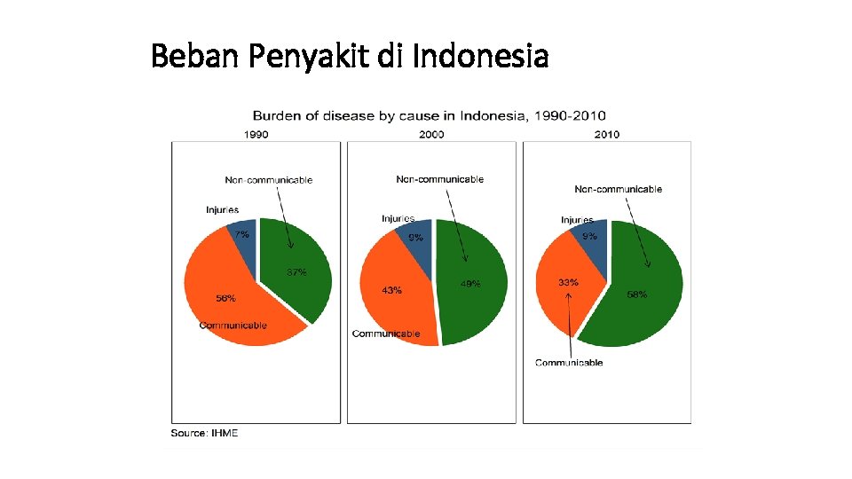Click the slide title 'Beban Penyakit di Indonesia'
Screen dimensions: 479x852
click(350, 57)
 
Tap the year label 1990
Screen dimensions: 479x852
click(256, 135)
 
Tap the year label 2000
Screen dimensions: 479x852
click(431, 135)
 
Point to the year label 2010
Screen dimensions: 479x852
click(607, 135)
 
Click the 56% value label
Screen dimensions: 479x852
click(226, 298)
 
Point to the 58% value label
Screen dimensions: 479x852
click(636, 294)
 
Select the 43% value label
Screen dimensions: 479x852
click(391, 290)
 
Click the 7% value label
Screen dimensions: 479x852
click(241, 234)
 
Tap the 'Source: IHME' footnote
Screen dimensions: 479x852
click(204, 433)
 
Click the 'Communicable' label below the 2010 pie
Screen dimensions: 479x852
click(569, 362)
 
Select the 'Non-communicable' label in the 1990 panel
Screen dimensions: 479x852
click(269, 180)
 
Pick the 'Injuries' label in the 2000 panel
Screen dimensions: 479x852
click(398, 218)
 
